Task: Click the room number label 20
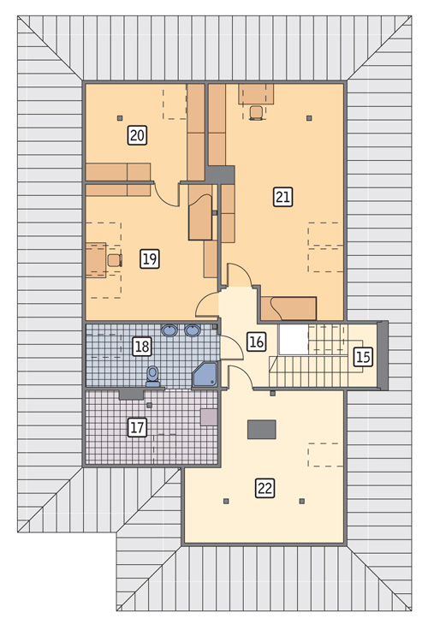137,135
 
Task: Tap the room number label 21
282,197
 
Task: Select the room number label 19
150,259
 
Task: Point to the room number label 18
142,346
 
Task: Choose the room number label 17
137,427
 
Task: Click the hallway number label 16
256,342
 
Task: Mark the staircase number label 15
363,357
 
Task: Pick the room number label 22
265,488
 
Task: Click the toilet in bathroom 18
152,377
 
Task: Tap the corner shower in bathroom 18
205,374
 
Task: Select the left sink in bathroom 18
169,330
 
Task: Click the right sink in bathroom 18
193,330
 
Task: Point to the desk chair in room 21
256,113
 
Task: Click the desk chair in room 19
115,260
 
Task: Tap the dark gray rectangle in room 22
262,430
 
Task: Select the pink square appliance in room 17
209,417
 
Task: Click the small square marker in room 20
120,118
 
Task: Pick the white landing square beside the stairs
294,340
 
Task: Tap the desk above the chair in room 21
256,94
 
